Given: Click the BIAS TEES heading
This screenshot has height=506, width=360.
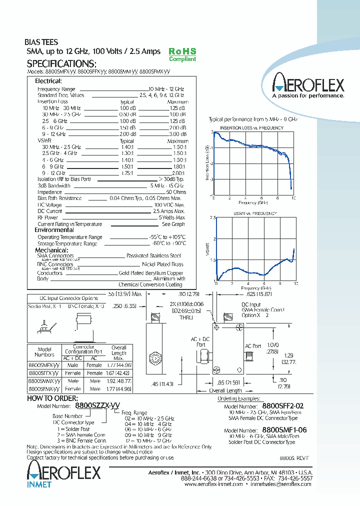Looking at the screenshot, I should pyautogui.click(x=41, y=42).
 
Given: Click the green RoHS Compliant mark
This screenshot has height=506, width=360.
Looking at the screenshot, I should pyautogui.click(x=182, y=54).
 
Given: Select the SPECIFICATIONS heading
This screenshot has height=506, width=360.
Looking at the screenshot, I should pyautogui.click(x=61, y=64).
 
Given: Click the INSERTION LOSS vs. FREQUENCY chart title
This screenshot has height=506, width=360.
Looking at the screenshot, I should pyautogui.click(x=252, y=128).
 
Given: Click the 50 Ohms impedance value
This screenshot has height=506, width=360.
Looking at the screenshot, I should pyautogui.click(x=175, y=192).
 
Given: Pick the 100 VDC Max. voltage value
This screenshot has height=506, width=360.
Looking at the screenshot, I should pyautogui.click(x=169, y=205).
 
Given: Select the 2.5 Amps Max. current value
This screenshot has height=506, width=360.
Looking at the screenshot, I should pyautogui.click(x=169, y=211).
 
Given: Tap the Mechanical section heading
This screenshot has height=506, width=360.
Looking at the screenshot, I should pyautogui.click(x=51, y=250).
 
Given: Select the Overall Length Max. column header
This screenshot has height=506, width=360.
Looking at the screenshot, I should pyautogui.click(x=119, y=352).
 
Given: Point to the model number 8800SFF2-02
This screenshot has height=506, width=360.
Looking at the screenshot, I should pyautogui.click(x=283, y=406).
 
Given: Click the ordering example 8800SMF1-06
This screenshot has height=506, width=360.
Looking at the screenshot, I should pyautogui.click(x=284, y=430).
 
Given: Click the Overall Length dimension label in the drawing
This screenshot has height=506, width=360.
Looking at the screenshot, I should pyautogui.click(x=225, y=390).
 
